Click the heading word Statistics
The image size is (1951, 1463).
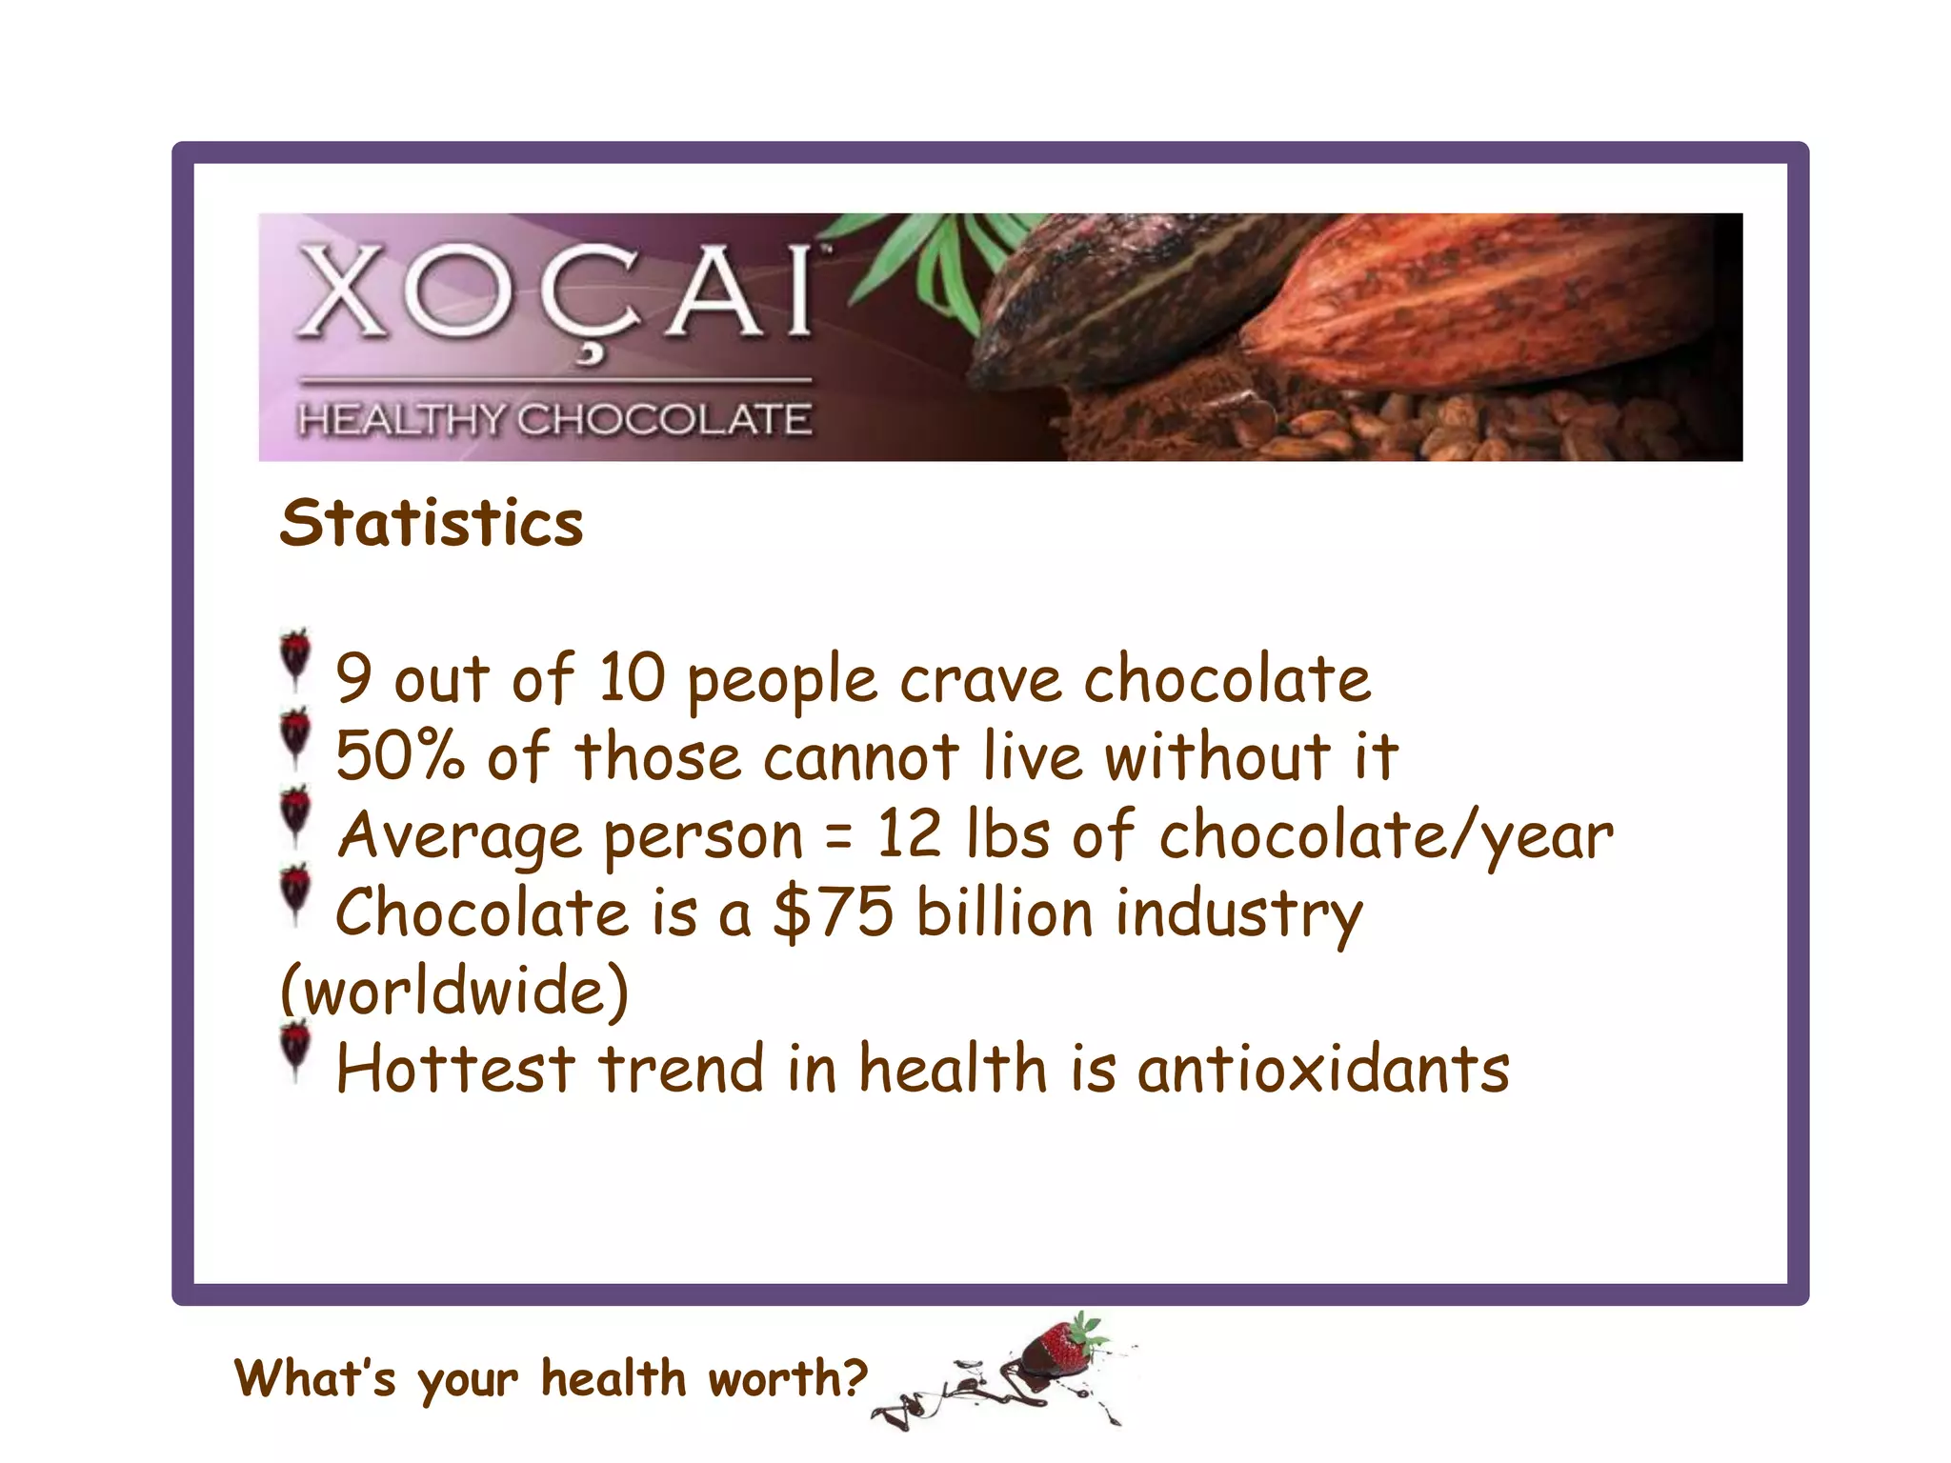431,523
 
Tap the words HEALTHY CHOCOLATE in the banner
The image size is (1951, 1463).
554,419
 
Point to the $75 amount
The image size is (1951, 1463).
834,912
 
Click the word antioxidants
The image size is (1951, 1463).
1323,1069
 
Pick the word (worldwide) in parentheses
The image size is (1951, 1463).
454,991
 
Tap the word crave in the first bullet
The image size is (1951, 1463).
980,680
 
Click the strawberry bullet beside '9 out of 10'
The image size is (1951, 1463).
296,657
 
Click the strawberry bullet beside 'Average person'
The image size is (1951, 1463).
296,814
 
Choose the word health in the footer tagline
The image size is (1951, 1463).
613,1378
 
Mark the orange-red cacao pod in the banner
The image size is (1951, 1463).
1486,305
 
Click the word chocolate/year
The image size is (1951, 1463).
1386,836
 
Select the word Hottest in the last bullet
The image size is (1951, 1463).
455,1069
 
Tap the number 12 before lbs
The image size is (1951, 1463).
909,834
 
